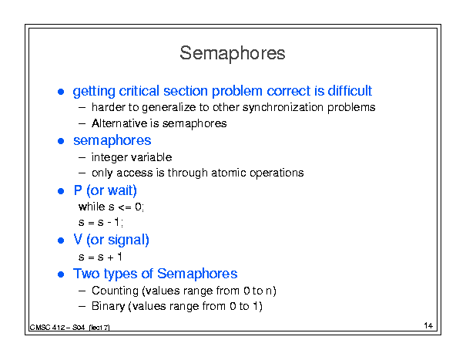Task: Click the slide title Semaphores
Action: coord(233,53)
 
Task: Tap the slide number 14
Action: coord(428,325)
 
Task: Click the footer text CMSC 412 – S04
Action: coord(57,328)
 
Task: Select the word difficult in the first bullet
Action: coord(350,90)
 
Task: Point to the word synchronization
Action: coord(283,107)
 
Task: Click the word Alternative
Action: coord(119,123)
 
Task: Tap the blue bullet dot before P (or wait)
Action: coord(61,191)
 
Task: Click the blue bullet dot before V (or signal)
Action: coord(61,241)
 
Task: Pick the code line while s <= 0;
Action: coord(111,207)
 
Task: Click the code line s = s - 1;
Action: coord(101,222)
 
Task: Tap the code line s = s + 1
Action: coord(100,257)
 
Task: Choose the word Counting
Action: coord(115,291)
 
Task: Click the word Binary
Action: coord(108,307)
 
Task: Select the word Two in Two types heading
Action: coord(86,274)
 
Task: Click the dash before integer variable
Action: coord(82,158)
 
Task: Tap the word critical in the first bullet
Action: coord(139,90)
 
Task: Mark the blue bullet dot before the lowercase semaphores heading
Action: coord(61,141)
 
